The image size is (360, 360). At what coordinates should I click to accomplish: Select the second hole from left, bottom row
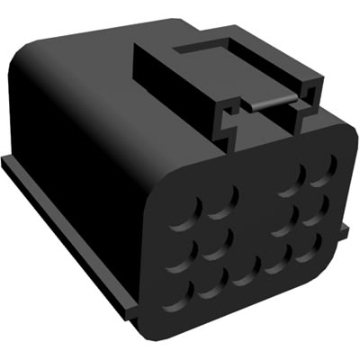[x=214, y=282]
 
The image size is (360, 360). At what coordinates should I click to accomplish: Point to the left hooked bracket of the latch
[x=229, y=117]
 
